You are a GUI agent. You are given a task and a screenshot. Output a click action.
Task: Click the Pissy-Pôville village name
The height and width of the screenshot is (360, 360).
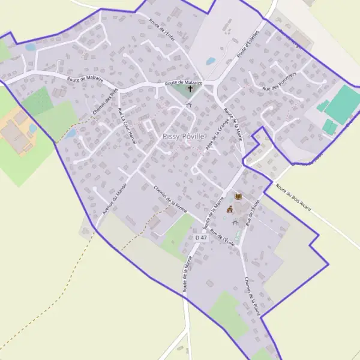[x=184, y=136]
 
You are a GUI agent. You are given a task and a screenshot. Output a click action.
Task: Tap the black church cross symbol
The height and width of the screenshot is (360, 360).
[x=191, y=89]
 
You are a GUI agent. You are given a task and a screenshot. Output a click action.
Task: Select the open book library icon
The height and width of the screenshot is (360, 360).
[x=238, y=197]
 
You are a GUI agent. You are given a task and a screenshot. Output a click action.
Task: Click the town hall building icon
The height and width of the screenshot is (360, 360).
[x=229, y=209]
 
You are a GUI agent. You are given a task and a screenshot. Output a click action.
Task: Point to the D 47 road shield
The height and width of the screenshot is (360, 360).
[x=201, y=238]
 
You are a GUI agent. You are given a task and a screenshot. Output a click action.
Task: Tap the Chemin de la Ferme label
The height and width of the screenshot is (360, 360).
[x=170, y=200]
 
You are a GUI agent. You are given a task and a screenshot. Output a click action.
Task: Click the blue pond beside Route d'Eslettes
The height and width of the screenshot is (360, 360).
[x=211, y=61]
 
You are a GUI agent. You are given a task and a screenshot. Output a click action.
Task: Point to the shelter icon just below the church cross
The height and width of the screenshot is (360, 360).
[x=189, y=105]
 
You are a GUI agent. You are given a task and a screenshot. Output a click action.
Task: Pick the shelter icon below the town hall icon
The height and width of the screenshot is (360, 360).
[x=235, y=222]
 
